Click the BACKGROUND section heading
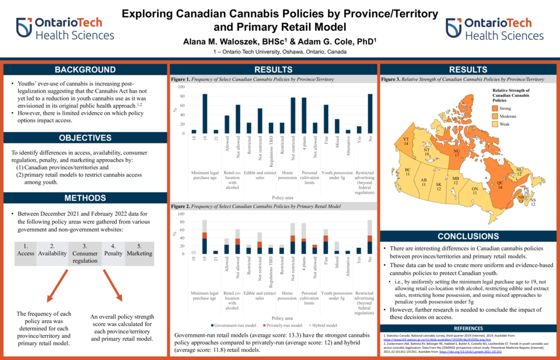85,70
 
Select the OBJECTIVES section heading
85,138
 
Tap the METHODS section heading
85,198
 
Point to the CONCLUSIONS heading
464,236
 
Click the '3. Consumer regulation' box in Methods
85,254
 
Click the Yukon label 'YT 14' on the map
405,141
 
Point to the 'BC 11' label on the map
408,172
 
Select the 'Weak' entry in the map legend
505,124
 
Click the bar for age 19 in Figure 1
205,114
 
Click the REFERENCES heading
464,328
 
